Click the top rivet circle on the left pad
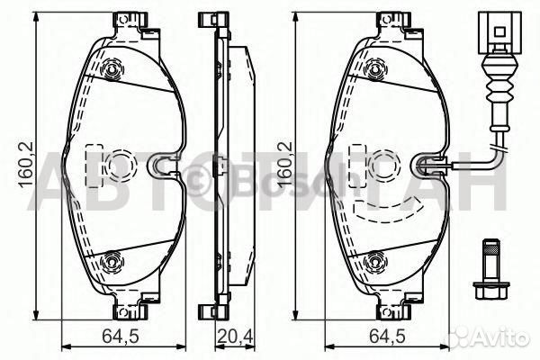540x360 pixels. [x=112, y=68]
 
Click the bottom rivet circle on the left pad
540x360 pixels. [x=112, y=263]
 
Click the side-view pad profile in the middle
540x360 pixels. [x=220, y=166]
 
